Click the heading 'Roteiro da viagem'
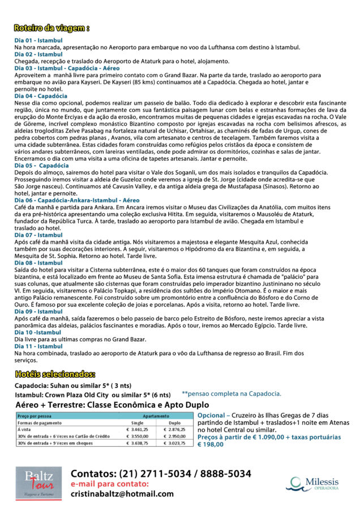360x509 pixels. pos(52,28)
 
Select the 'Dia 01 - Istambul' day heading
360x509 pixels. pos(38,41)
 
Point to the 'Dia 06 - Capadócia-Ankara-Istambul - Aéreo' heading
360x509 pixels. pos(76,201)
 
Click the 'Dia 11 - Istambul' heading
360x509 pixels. pos(38,346)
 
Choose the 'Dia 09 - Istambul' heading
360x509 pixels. pos(38,312)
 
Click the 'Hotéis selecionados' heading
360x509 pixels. pos(55,374)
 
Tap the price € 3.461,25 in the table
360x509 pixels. pos(137,429)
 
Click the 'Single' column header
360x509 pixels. pos(137,422)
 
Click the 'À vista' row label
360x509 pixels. pos(26,429)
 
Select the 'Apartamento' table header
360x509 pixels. pos(156,416)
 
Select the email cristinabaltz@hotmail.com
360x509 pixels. pos(122,494)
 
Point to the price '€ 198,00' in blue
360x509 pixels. pos(211,445)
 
